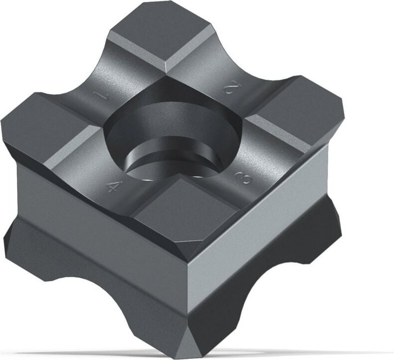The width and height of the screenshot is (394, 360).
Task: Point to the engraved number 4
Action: click(114, 187)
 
